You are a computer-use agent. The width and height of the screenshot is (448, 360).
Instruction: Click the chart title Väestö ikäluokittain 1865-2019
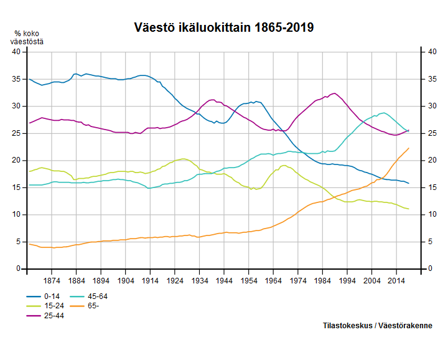(x=224, y=28)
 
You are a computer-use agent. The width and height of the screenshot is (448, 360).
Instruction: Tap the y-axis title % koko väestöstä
(x=27, y=38)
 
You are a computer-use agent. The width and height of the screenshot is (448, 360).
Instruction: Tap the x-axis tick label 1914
(x=150, y=281)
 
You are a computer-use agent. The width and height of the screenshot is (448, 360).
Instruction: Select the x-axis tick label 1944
(x=224, y=281)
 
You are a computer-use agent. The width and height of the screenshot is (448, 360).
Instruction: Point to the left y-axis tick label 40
(x=17, y=52)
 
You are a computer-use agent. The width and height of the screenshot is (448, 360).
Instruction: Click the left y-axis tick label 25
(x=17, y=133)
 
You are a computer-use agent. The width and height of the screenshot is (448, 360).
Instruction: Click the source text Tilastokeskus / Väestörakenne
(x=378, y=326)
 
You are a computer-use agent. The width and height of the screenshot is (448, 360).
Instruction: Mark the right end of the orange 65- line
(x=409, y=148)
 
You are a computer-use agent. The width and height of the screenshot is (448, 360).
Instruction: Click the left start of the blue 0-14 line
(x=29, y=79)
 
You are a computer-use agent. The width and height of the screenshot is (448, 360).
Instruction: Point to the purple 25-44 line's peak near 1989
(x=335, y=93)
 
